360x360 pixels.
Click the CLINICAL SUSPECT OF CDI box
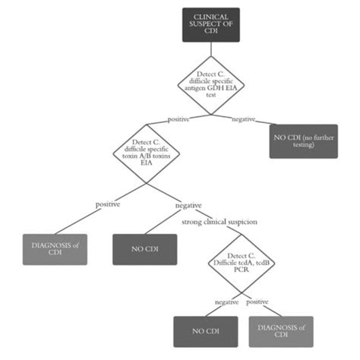(x=210, y=25)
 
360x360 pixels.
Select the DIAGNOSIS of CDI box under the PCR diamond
(x=280, y=331)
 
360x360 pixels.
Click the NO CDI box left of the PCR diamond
(x=144, y=249)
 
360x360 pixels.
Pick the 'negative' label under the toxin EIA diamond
(x=188, y=205)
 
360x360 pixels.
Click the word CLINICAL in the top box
(x=210, y=17)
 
